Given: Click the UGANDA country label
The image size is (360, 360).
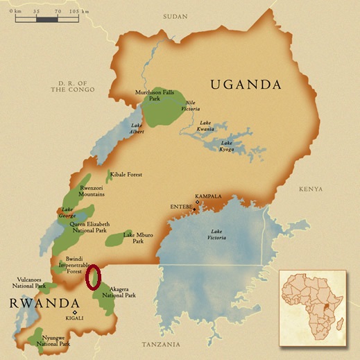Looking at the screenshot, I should (246, 85).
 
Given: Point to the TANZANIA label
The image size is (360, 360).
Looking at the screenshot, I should (160, 344).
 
